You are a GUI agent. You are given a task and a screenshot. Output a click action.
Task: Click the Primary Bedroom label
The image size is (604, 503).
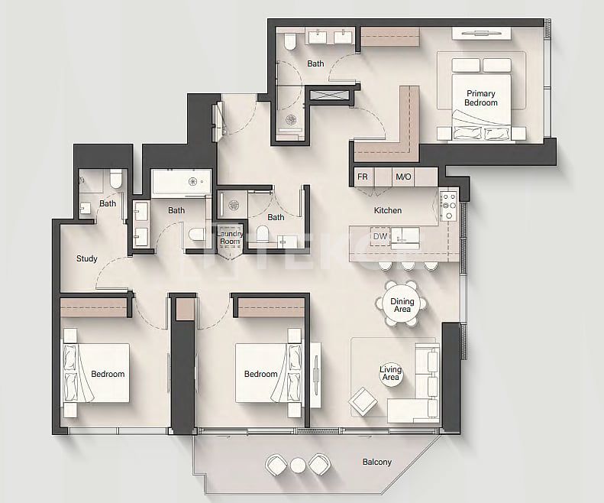(x=482, y=98)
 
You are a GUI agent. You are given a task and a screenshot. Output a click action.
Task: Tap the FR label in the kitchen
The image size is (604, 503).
(x=363, y=177)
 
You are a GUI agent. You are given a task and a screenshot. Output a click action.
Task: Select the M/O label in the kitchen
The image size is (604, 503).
(x=403, y=177)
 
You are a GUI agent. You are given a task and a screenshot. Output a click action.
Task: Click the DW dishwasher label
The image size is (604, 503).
(x=380, y=237)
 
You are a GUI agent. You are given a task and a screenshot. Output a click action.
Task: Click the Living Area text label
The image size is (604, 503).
(x=390, y=374)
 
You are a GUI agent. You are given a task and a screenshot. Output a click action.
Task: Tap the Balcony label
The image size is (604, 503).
(x=376, y=462)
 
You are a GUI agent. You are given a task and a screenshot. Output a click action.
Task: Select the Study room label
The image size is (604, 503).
(x=87, y=258)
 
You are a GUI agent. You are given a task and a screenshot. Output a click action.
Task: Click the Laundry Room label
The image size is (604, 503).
(x=230, y=237)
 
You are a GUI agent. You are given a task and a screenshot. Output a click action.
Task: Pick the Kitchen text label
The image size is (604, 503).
(x=387, y=210)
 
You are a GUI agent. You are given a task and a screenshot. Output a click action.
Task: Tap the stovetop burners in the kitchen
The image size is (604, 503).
(x=448, y=206)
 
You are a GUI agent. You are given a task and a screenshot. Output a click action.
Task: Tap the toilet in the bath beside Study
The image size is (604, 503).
(x=115, y=179)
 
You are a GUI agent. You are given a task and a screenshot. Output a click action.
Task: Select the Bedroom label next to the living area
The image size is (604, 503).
(x=260, y=374)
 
